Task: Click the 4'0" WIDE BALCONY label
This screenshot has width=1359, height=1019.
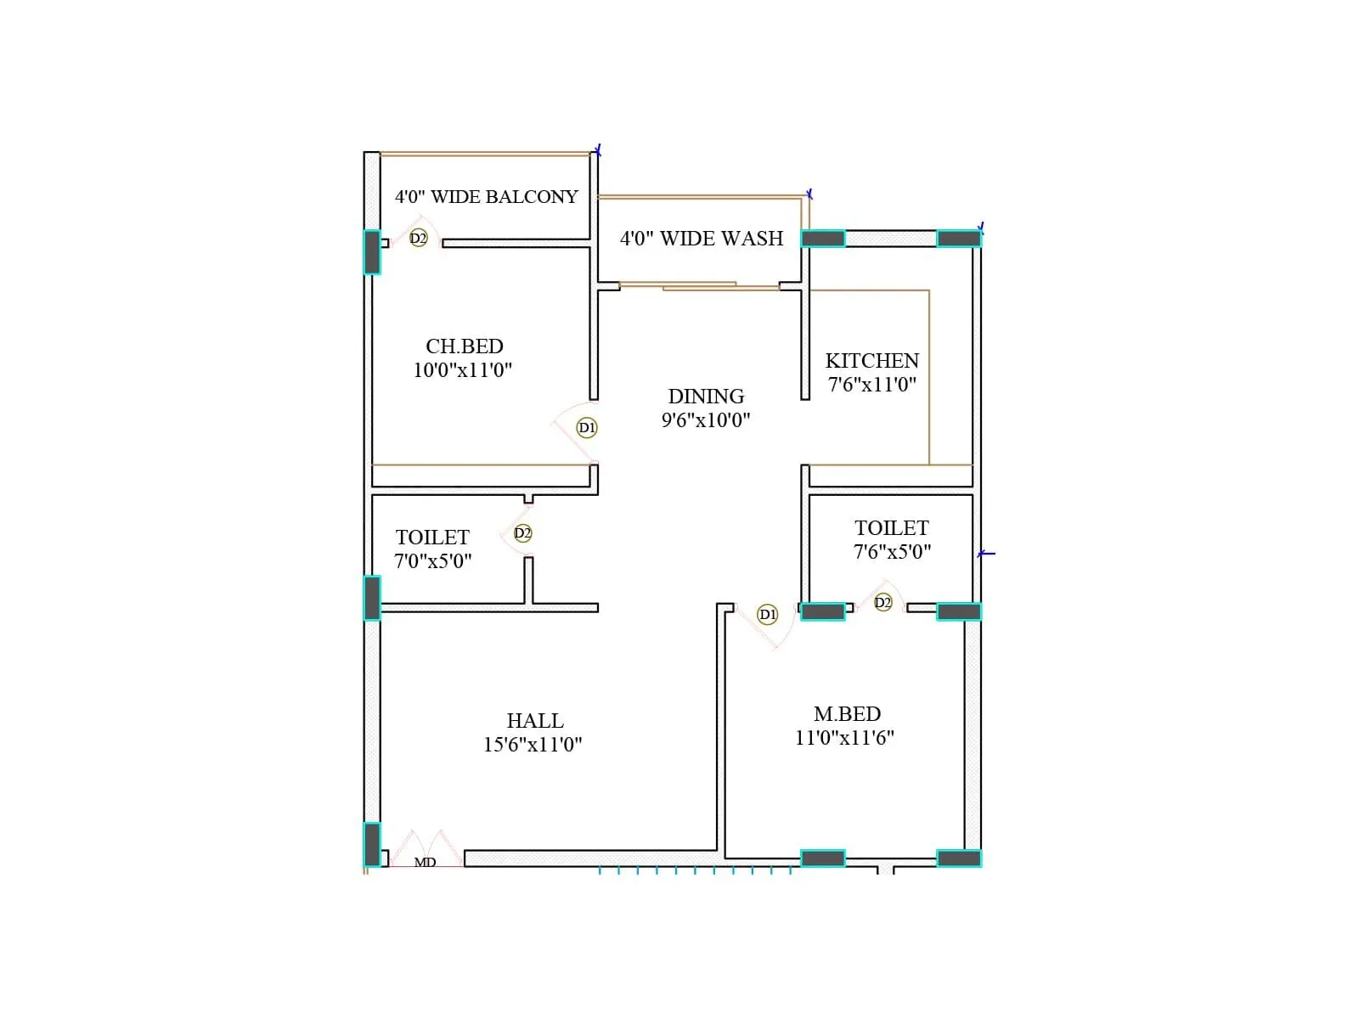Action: (486, 197)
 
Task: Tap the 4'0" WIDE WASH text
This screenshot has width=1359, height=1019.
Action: (702, 239)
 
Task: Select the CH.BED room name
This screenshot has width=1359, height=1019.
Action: (465, 346)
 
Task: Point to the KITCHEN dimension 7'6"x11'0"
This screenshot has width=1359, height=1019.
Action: (872, 385)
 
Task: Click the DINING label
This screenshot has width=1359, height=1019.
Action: (706, 397)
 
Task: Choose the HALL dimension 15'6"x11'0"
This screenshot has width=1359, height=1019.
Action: (533, 745)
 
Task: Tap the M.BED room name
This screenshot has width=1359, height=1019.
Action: (847, 714)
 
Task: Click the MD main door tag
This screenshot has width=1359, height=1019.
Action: (425, 862)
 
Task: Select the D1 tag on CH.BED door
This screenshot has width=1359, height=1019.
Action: (587, 428)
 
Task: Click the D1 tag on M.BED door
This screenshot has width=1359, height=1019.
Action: (768, 614)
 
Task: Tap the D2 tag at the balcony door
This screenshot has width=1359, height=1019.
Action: (418, 239)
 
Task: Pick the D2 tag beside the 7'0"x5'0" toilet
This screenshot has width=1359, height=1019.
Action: (522, 533)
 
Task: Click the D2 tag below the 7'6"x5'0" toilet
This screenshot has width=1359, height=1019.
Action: (883, 603)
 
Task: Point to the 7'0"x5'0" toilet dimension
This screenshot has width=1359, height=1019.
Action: (432, 561)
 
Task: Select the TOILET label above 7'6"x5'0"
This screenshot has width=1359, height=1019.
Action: (892, 528)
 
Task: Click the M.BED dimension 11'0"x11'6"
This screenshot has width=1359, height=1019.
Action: (844, 738)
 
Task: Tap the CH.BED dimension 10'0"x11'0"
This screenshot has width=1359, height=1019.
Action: (463, 370)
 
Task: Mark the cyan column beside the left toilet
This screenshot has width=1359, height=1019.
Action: (372, 598)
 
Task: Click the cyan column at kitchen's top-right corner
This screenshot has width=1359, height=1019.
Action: (959, 239)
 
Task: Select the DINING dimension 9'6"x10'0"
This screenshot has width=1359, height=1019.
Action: (706, 419)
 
